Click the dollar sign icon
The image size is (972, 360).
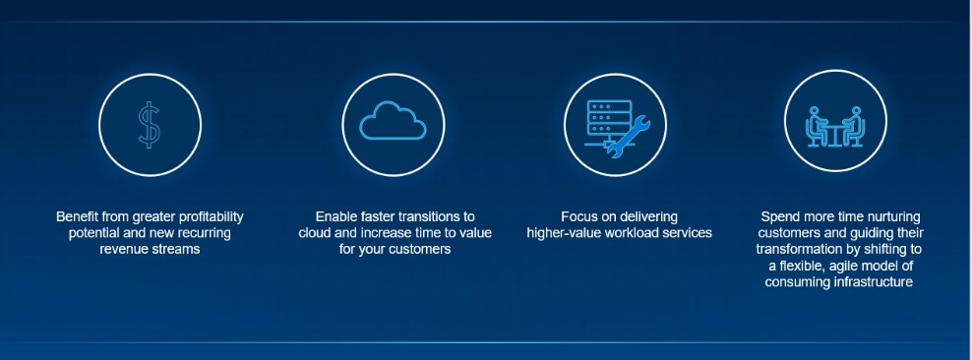coord(149,125)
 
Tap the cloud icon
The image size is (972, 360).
coord(392,124)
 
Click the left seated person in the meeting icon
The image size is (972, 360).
coord(817,127)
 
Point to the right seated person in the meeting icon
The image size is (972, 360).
coord(854,127)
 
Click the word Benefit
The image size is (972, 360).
coord(78,216)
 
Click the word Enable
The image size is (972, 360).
coord(335,216)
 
